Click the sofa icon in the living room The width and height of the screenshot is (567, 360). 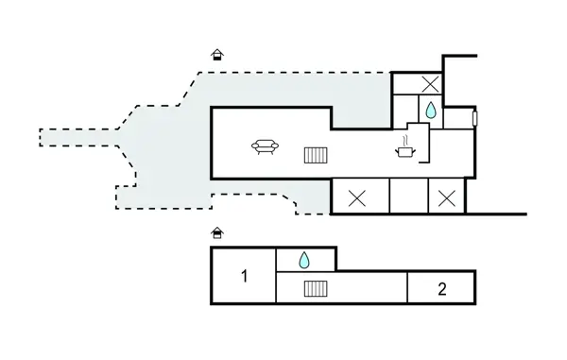[x=265, y=146]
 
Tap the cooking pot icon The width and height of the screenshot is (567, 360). [x=405, y=152]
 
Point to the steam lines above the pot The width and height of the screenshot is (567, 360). [x=406, y=140]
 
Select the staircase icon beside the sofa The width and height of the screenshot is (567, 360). [x=316, y=155]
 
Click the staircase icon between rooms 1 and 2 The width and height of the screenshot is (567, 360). [x=316, y=289]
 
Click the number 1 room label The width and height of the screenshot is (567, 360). [x=245, y=276]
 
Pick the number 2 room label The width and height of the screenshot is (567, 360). [x=442, y=289]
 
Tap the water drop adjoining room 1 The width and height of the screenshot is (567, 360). [x=304, y=260]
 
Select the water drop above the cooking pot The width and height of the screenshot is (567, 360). [x=431, y=111]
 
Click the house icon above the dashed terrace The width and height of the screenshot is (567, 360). [x=217, y=55]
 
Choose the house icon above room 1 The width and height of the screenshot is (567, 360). [x=217, y=233]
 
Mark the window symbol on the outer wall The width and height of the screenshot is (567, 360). [x=475, y=118]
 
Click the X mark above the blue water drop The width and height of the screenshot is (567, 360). [x=430, y=84]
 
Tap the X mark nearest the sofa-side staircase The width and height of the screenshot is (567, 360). [x=357, y=198]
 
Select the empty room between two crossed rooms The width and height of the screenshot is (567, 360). [x=409, y=197]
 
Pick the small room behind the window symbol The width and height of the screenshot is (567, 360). [x=458, y=118]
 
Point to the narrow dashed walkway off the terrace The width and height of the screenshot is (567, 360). [x=78, y=138]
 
